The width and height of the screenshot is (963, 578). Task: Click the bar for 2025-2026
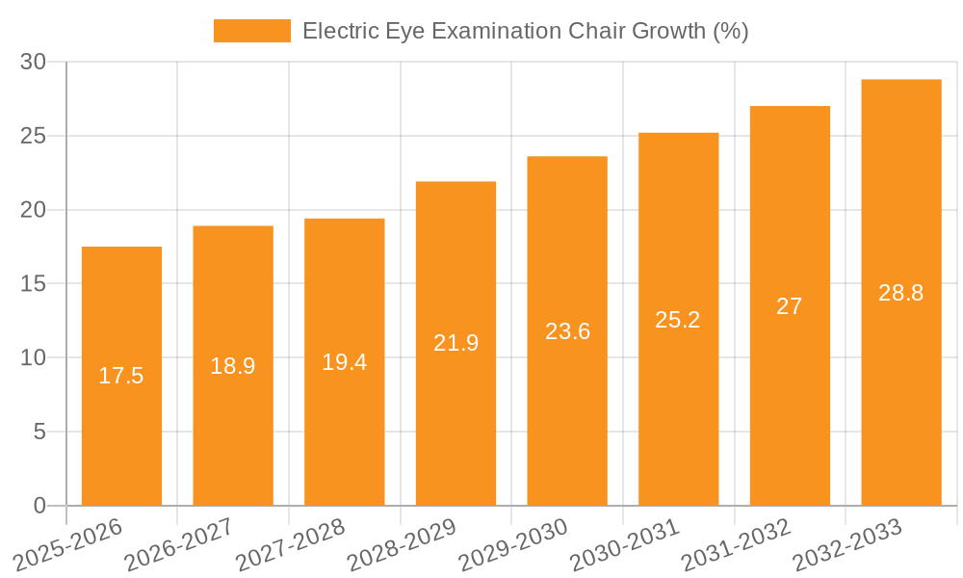(121, 376)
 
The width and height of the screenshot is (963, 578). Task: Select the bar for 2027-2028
(344, 361)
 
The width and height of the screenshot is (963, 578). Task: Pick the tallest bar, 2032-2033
(900, 292)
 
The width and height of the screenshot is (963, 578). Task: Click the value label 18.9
(233, 366)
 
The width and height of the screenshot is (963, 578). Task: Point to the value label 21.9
(455, 343)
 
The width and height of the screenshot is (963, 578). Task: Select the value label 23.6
(567, 331)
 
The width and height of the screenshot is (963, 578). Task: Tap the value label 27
(790, 306)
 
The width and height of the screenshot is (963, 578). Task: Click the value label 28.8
(900, 293)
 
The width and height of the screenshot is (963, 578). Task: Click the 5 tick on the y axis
(39, 432)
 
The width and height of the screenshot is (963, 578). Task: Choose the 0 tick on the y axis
(39, 505)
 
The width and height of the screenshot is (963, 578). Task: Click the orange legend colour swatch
(251, 31)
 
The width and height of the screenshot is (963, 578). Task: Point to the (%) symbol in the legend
(729, 31)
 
